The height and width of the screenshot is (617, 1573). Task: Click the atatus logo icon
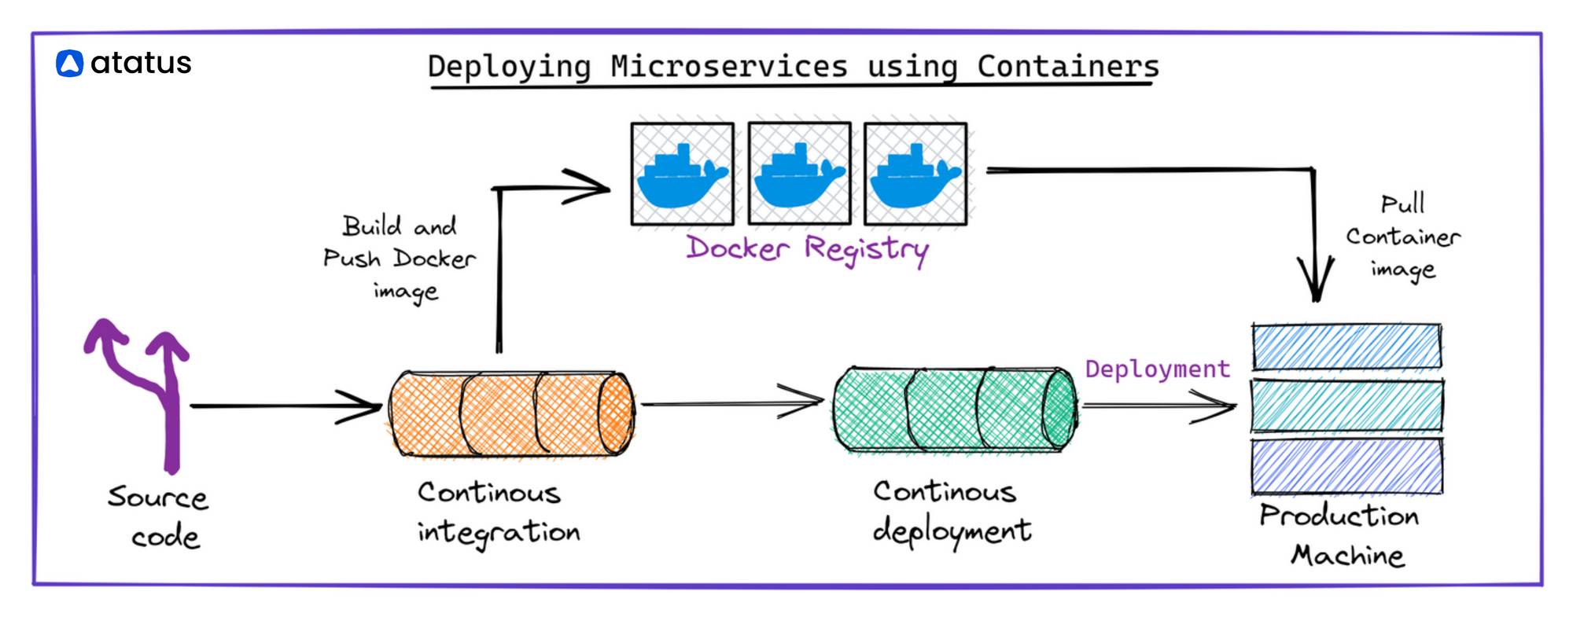pos(70,64)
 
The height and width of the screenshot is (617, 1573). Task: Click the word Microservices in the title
pos(729,66)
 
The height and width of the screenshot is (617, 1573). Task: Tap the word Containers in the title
pos(1068,66)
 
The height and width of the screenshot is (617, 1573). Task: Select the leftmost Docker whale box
pos(683,174)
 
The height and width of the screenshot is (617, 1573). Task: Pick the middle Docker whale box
pos(800,174)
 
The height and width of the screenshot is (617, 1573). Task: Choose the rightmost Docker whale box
pos(916,174)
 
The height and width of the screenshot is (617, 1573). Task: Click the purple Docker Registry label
pos(808,250)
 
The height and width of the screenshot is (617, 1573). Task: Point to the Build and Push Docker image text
pos(400,259)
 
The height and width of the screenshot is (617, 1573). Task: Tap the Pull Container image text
pos(1403,237)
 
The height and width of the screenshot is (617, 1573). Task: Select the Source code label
pos(159,516)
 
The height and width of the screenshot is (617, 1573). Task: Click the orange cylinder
pos(512,413)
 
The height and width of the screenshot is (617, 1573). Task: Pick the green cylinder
pos(956,409)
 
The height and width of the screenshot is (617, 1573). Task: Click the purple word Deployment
pos(1158,369)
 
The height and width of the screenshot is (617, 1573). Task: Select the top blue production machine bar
pos(1347,347)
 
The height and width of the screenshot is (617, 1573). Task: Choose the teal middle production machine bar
pos(1347,406)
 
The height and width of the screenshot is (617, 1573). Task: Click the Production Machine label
pos(1340,535)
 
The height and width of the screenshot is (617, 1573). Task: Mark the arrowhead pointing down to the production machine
pos(1316,280)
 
